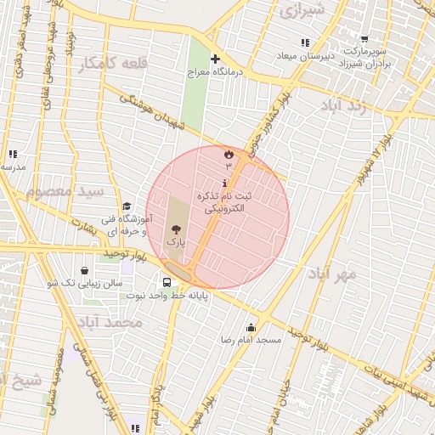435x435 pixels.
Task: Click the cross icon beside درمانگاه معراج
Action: (215, 59)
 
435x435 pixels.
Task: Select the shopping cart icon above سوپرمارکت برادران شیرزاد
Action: (364, 39)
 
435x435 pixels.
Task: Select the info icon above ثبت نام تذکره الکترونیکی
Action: (224, 184)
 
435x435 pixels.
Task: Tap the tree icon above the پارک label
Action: (176, 229)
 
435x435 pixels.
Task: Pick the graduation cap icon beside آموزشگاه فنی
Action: (127, 206)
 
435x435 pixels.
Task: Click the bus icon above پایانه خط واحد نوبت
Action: (167, 282)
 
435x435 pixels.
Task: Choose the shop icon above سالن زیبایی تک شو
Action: (84, 270)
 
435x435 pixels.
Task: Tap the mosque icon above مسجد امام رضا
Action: (251, 327)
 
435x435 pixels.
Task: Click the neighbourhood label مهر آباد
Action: (333, 274)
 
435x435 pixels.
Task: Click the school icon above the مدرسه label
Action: (13, 154)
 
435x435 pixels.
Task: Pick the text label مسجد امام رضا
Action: (251, 340)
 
